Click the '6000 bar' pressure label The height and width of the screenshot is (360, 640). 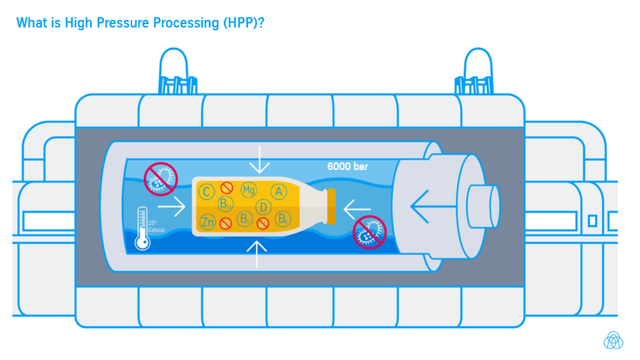pyautogui.click(x=350, y=166)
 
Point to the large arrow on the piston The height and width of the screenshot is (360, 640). pyautogui.click(x=431, y=205)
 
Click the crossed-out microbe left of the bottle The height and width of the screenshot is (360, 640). pyautogui.click(x=160, y=179)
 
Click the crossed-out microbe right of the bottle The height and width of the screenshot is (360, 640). pyautogui.click(x=369, y=233)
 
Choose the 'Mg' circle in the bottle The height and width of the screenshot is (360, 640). pyautogui.click(x=250, y=188)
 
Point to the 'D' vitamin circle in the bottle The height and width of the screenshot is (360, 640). pyautogui.click(x=263, y=207)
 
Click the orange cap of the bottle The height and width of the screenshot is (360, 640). pyautogui.click(x=330, y=206)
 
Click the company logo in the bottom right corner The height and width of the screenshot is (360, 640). pyautogui.click(x=613, y=340)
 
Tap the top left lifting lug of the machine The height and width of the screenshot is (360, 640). pyautogui.click(x=172, y=71)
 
